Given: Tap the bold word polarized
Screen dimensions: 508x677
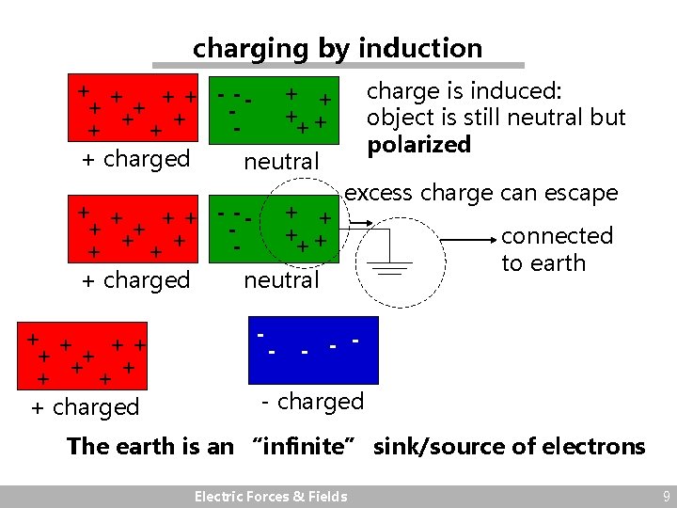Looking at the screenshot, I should (x=418, y=145).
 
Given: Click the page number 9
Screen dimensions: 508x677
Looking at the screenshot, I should (x=666, y=496).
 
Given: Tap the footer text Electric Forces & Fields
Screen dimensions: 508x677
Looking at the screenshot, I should (x=270, y=497).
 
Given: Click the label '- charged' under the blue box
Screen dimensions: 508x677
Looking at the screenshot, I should (x=312, y=402).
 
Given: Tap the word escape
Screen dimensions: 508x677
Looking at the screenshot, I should (x=584, y=193).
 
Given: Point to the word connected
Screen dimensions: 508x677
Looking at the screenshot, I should (x=557, y=236).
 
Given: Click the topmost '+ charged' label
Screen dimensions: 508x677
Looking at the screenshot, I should (x=136, y=159).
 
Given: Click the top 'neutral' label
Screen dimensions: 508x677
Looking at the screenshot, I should (x=281, y=162).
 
